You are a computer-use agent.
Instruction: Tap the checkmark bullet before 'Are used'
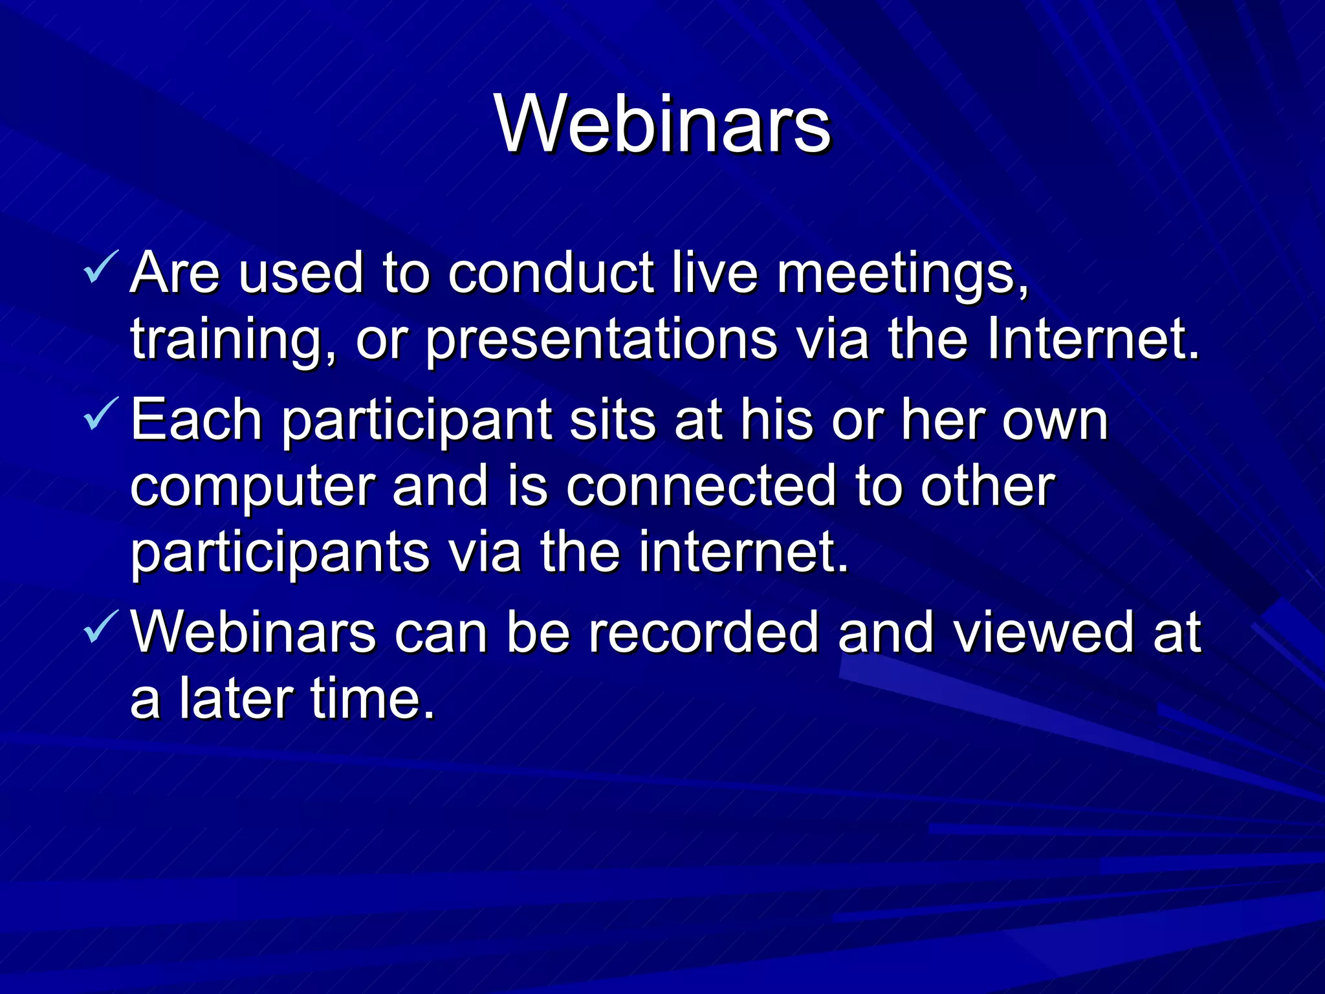click(x=101, y=268)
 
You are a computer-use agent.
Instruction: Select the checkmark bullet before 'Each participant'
click(x=101, y=414)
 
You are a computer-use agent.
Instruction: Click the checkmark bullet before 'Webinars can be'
click(x=101, y=626)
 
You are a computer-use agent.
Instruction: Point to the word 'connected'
click(x=701, y=487)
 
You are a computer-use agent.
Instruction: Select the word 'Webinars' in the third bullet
click(x=253, y=632)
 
